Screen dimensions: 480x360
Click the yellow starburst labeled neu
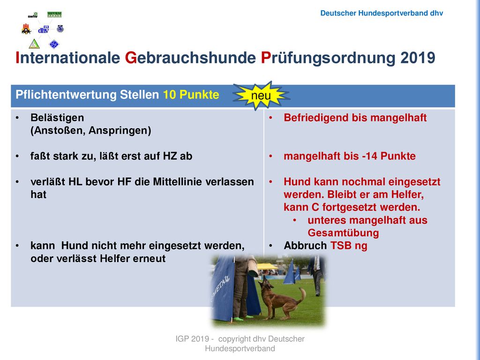point(261,95)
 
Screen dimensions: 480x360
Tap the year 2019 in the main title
point(418,58)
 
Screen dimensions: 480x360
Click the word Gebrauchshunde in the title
point(190,58)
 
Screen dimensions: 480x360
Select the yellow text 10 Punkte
point(191,95)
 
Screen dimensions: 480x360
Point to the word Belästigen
point(57,118)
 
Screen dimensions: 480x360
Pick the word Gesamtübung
point(343,233)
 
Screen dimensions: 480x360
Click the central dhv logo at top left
point(44,30)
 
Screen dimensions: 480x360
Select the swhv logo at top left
point(33,15)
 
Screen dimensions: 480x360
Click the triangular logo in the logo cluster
point(34,44)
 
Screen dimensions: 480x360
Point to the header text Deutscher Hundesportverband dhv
point(382,13)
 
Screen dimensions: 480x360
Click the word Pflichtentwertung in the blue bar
point(66,95)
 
